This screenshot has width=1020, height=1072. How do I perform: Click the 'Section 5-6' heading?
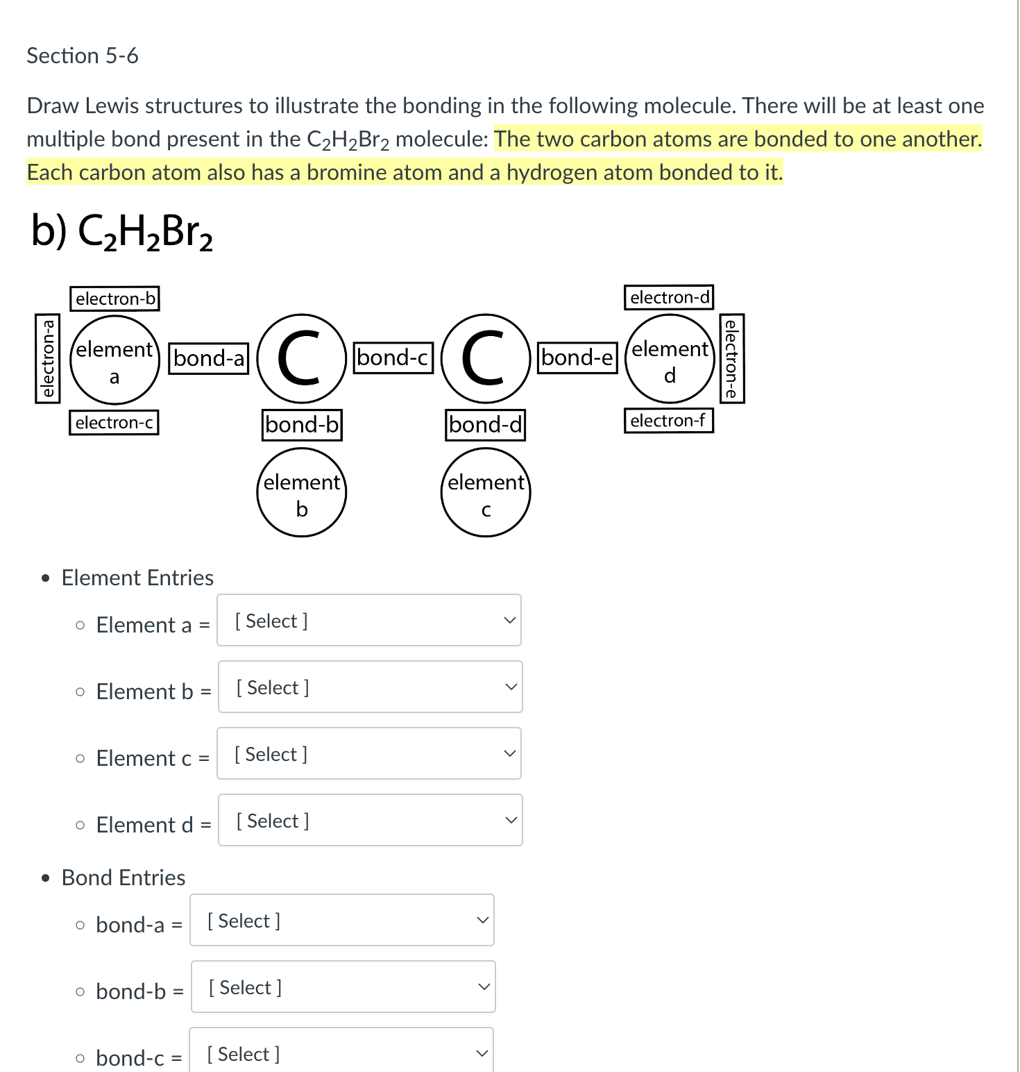click(x=83, y=56)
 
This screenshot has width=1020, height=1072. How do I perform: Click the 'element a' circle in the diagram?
click(x=114, y=360)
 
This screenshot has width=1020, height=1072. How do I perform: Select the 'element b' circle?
click(x=302, y=493)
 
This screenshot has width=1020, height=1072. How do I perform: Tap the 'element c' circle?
click(x=486, y=493)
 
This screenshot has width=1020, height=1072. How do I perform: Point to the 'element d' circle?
click(x=670, y=360)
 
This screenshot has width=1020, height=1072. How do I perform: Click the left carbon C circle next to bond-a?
click(x=302, y=359)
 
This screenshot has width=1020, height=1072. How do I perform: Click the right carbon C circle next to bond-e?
click(x=486, y=359)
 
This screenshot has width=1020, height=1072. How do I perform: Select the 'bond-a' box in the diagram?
click(x=209, y=358)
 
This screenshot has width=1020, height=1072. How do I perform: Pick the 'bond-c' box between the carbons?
click(x=393, y=358)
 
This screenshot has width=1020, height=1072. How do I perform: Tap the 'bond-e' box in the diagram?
click(x=578, y=358)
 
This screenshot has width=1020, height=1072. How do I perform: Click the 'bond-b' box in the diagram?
click(x=303, y=424)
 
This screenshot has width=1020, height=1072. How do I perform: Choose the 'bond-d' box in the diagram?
click(x=486, y=424)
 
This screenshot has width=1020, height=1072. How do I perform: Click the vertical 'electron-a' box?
click(x=48, y=358)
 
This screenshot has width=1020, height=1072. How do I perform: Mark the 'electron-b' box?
click(x=115, y=299)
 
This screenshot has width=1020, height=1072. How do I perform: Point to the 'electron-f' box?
click(x=668, y=420)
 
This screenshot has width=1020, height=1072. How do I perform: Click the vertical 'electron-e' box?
click(x=731, y=358)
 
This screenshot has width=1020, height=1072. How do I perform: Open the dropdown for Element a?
click(x=369, y=620)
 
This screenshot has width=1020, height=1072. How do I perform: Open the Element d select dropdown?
click(x=370, y=820)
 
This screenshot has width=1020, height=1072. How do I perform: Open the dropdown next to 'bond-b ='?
click(x=343, y=987)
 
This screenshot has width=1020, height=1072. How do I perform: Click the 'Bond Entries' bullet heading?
click(x=124, y=878)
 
